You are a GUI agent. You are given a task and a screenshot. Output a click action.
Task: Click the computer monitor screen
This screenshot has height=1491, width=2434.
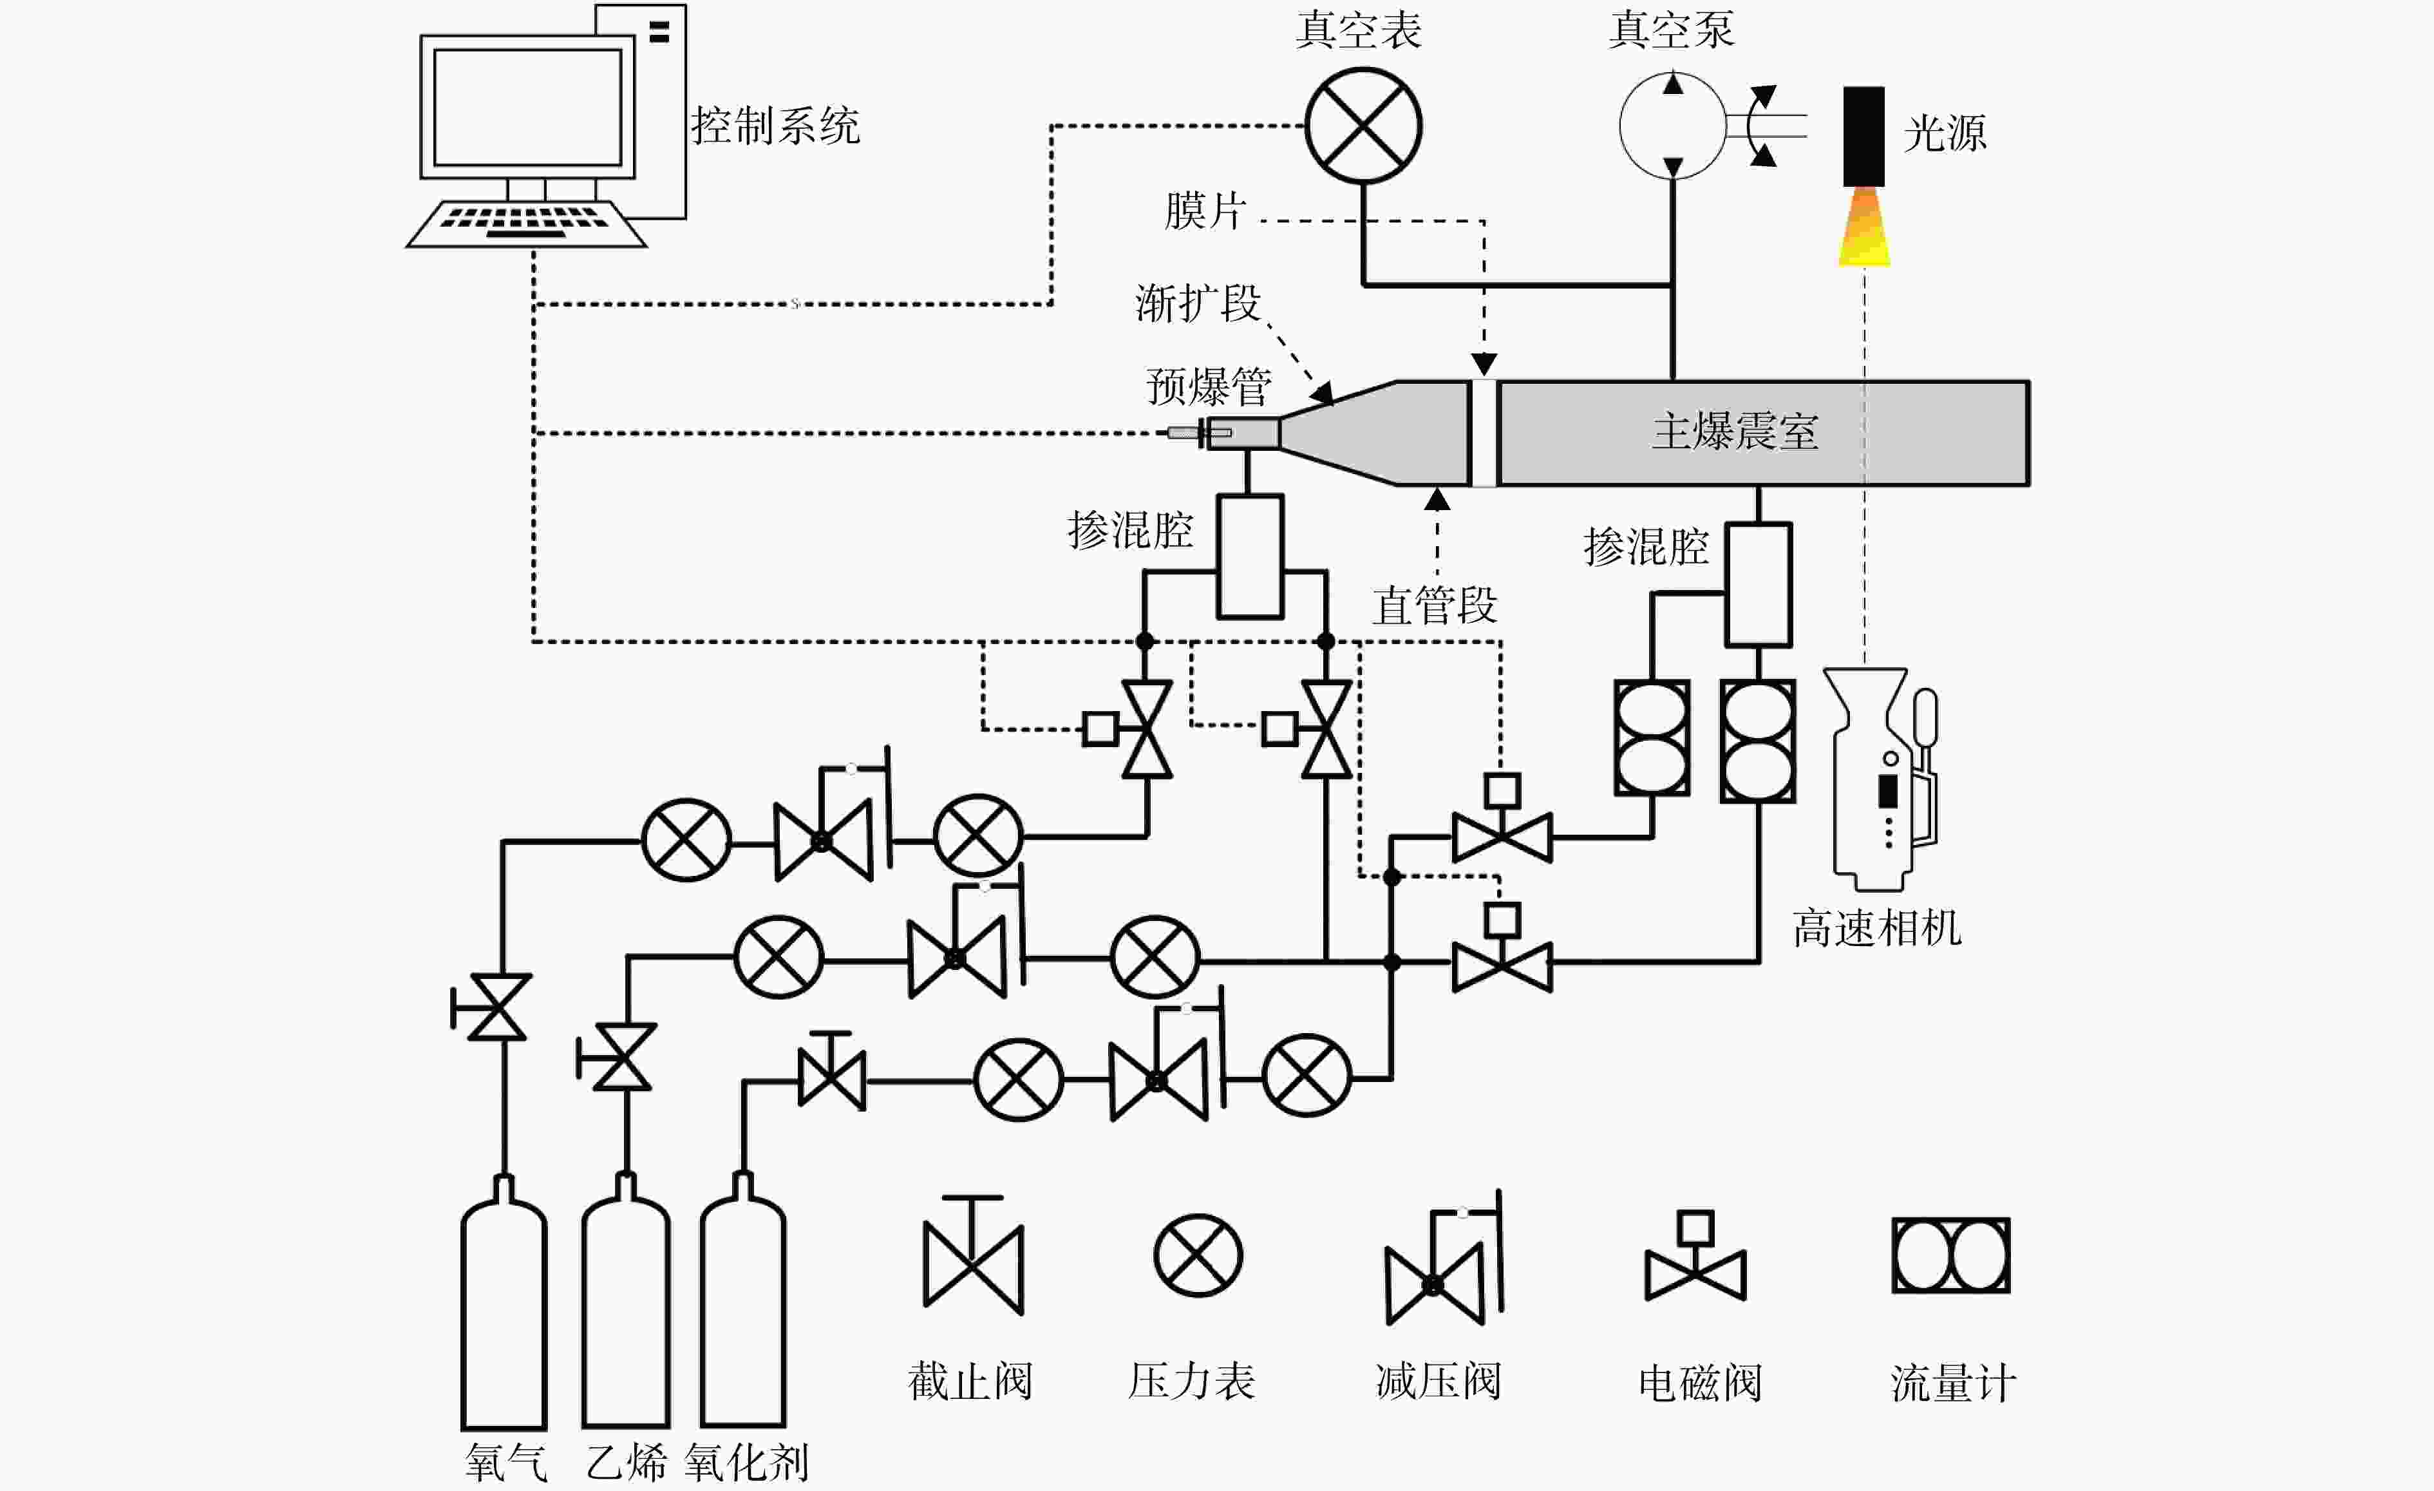527,107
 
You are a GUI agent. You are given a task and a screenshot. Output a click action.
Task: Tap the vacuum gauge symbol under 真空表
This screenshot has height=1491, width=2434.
1363,126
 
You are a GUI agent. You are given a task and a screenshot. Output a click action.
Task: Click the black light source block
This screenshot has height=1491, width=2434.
1863,137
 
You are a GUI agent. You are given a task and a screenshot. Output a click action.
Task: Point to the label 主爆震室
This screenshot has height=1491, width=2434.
1735,432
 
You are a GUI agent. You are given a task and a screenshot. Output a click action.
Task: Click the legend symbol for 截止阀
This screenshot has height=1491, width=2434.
973,1256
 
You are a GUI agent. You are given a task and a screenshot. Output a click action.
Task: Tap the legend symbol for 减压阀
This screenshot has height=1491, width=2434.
1443,1258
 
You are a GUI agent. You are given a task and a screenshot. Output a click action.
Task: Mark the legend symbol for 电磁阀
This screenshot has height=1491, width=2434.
1695,1257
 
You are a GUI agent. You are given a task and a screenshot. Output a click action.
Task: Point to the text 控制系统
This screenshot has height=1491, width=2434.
775,126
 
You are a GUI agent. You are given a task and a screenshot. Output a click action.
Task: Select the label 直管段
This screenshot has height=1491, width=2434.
1435,605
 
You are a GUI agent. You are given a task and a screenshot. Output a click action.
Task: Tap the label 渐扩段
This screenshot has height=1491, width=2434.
1198,302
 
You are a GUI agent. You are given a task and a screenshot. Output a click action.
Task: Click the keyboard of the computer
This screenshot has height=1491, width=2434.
527,223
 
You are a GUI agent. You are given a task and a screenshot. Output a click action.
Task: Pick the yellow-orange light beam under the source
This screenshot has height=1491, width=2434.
1864,226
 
